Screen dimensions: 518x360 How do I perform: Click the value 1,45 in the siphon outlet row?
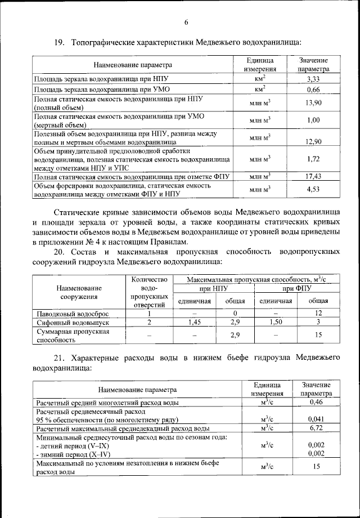tap(195, 323)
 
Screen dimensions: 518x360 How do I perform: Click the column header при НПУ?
tap(214, 289)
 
